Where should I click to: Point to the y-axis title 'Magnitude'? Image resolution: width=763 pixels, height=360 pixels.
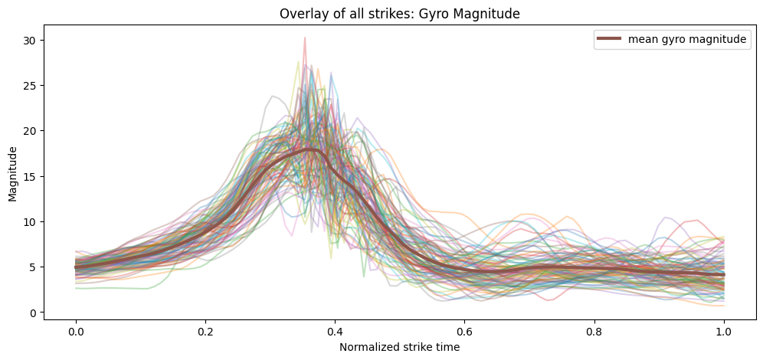click(13, 175)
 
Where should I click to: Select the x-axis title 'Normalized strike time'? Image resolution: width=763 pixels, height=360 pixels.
click(400, 346)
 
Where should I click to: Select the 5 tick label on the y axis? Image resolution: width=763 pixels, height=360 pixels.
click(32, 267)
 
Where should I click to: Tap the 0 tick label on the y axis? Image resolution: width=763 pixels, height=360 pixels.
click(32, 313)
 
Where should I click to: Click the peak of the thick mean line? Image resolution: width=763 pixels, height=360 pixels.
click(309, 149)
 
